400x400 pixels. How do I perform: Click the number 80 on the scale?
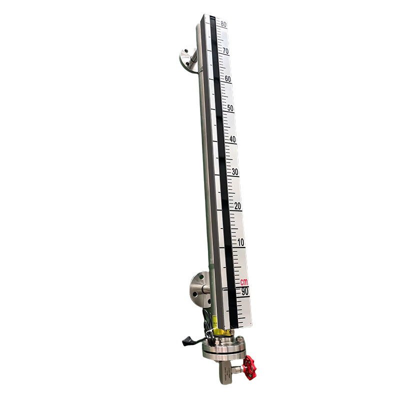tap(223, 23)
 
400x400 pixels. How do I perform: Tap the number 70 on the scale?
tap(225, 51)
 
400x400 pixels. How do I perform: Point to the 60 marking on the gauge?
tap(228, 79)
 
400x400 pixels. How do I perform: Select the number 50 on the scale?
tap(230, 108)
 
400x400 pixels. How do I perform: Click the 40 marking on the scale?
tap(232, 139)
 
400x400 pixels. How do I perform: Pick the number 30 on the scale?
tap(235, 172)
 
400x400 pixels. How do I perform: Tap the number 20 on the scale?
tap(238, 206)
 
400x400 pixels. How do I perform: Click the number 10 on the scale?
tap(241, 242)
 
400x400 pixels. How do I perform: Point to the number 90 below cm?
tap(245, 291)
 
